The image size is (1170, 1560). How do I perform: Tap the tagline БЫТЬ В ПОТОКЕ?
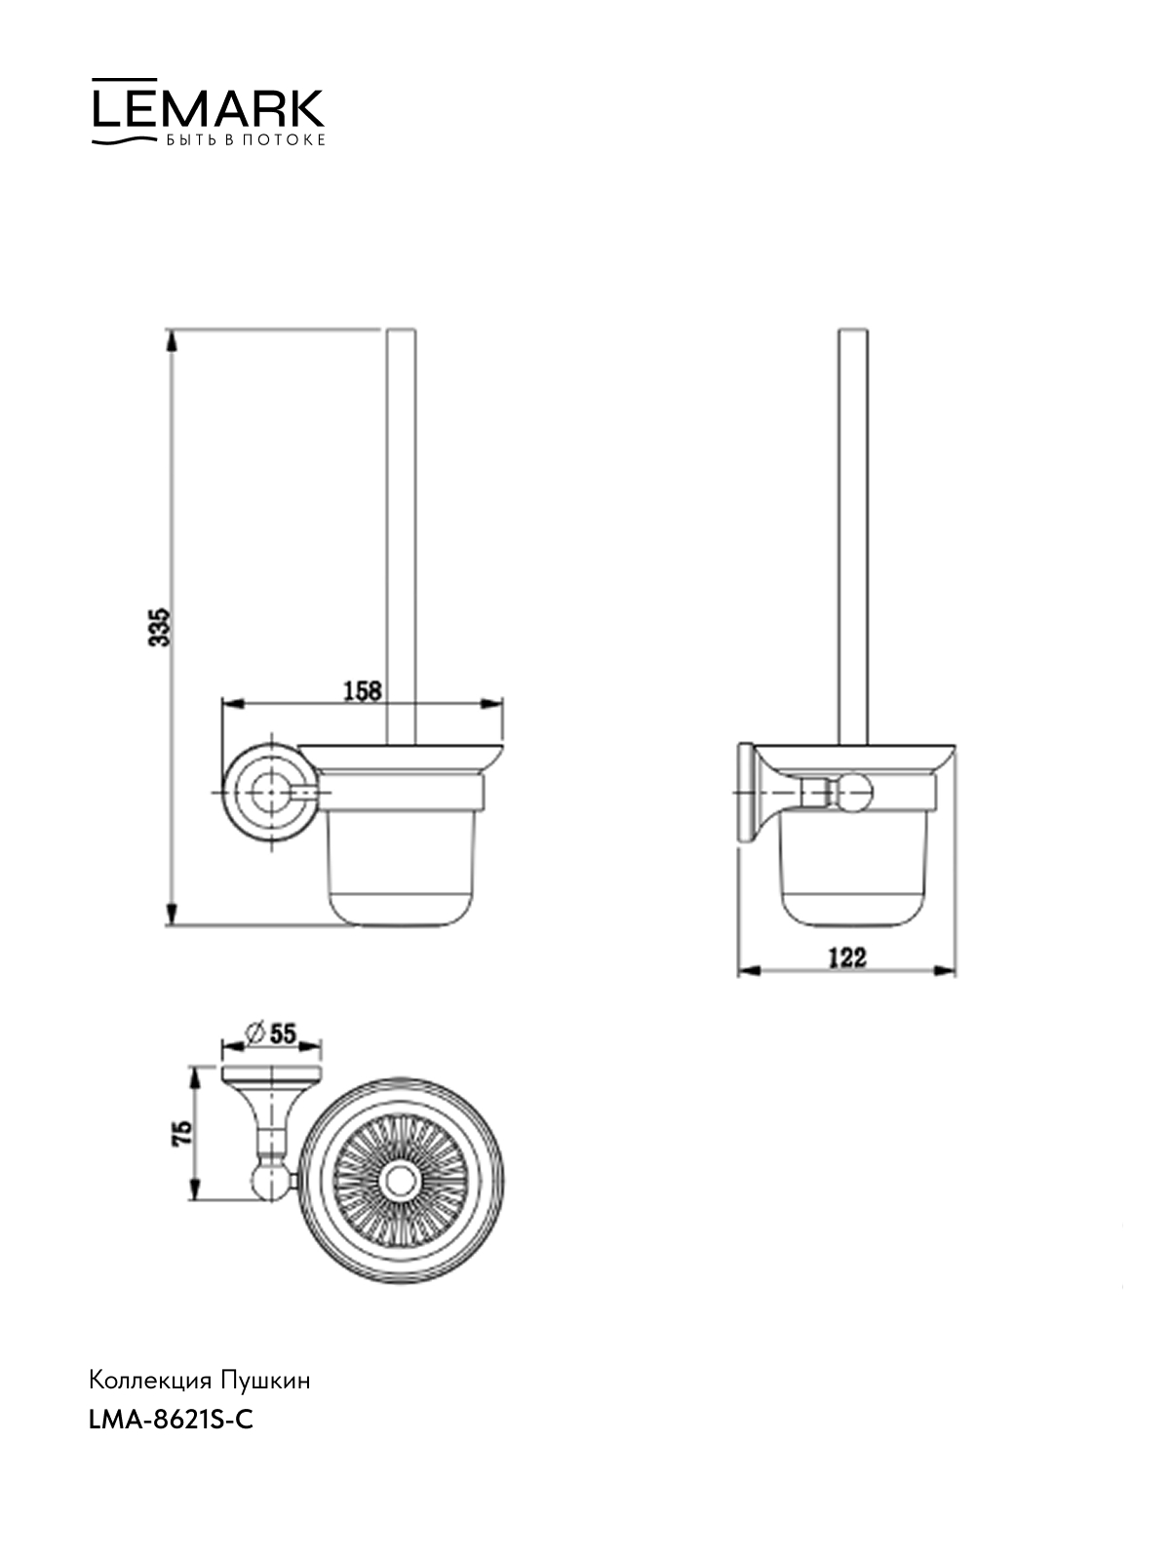pyautogui.click(x=246, y=140)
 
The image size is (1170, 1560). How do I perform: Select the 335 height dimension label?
pyautogui.click(x=160, y=626)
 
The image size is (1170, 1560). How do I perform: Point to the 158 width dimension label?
pyautogui.click(x=363, y=690)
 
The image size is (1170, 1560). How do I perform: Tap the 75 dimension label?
pyautogui.click(x=182, y=1133)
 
